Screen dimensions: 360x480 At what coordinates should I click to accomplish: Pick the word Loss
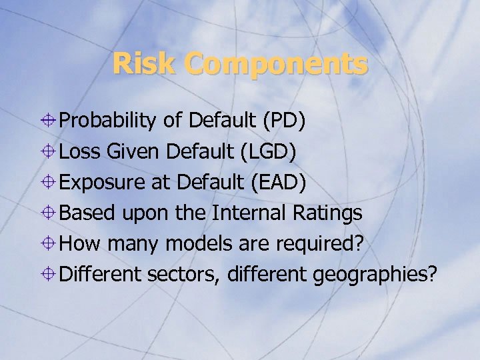pyautogui.click(x=79, y=151)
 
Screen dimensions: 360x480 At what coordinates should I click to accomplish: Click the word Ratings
pyautogui.click(x=327, y=213)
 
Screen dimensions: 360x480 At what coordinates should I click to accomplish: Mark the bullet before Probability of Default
pyautogui.click(x=49, y=121)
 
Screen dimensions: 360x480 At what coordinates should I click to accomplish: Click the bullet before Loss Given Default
pyautogui.click(x=49, y=151)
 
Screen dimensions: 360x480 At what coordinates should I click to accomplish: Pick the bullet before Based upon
pyautogui.click(x=49, y=213)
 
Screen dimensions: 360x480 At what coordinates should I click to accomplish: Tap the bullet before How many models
pyautogui.click(x=49, y=243)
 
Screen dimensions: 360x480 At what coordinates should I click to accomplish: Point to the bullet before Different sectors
pyautogui.click(x=49, y=274)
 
